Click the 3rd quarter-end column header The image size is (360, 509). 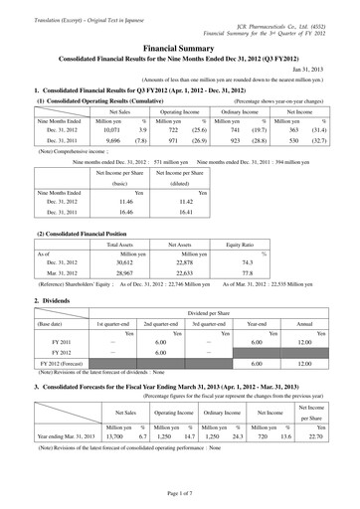pos(204,324)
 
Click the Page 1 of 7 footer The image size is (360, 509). pos(180,494)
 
